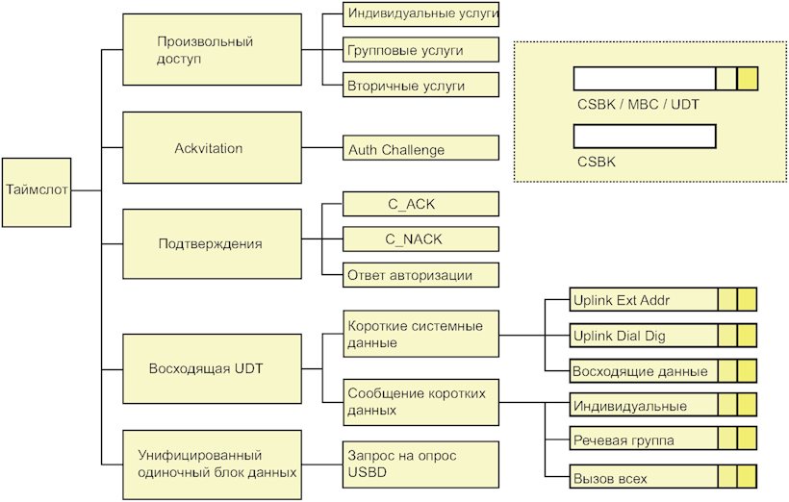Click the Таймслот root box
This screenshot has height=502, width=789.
(37, 192)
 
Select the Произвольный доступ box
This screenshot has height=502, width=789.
(213, 49)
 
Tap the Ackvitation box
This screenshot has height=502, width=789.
(213, 148)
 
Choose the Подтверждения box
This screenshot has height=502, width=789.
(213, 244)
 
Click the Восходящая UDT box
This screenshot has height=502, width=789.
(213, 368)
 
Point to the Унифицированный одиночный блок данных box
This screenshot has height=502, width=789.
(213, 464)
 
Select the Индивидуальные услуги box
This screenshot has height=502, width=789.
(421, 14)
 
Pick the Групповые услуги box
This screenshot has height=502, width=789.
(421, 50)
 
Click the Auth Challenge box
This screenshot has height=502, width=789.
(421, 148)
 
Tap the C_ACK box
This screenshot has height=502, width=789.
(421, 204)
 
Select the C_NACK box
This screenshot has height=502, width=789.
(421, 238)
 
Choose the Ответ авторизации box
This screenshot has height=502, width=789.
(421, 275)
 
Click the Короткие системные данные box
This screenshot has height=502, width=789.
(421, 334)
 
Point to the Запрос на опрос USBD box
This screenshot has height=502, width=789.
(421, 464)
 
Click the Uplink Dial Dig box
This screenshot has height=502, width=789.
(663, 336)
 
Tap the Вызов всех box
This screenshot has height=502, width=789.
(663, 476)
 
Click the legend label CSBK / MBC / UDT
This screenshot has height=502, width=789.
(638, 105)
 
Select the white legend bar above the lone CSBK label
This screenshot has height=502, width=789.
(645, 137)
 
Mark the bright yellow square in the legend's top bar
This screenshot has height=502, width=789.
(748, 79)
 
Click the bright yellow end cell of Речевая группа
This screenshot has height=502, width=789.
(748, 439)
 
